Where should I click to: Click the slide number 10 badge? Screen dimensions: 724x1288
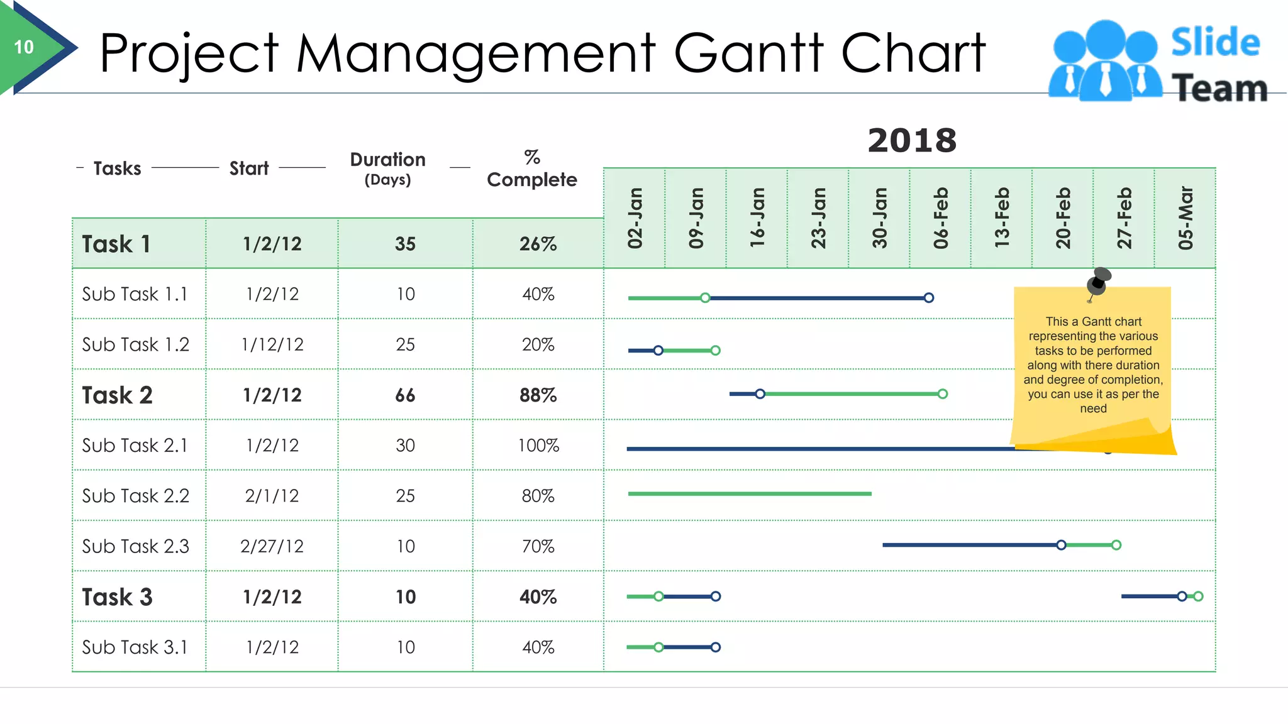pos(24,47)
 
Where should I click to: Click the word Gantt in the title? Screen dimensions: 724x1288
pos(748,53)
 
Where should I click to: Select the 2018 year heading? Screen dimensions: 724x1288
pos(912,140)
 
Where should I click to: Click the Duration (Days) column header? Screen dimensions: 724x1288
pos(387,168)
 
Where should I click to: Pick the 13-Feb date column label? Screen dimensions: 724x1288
pos(1002,217)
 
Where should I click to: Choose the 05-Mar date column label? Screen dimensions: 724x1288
pos(1185,217)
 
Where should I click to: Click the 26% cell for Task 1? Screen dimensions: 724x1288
pos(538,244)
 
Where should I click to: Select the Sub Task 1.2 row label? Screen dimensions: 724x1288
pos(136,344)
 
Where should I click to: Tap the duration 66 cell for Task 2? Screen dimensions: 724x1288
pos(405,395)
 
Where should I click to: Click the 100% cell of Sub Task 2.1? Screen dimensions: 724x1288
pos(538,446)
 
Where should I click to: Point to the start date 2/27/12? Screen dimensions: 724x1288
pos(272,546)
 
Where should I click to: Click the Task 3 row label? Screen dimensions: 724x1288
pos(118,596)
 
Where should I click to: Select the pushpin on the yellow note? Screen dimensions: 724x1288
pos(1099,282)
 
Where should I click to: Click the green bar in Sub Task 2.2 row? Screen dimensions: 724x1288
pos(748,494)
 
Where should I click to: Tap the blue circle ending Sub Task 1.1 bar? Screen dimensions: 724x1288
pos(929,298)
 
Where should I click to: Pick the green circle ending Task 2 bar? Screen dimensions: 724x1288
pos(942,394)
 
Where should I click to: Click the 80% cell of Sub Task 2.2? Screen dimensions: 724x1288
pos(538,496)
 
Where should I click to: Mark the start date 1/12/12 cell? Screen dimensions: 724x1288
pos(272,344)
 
